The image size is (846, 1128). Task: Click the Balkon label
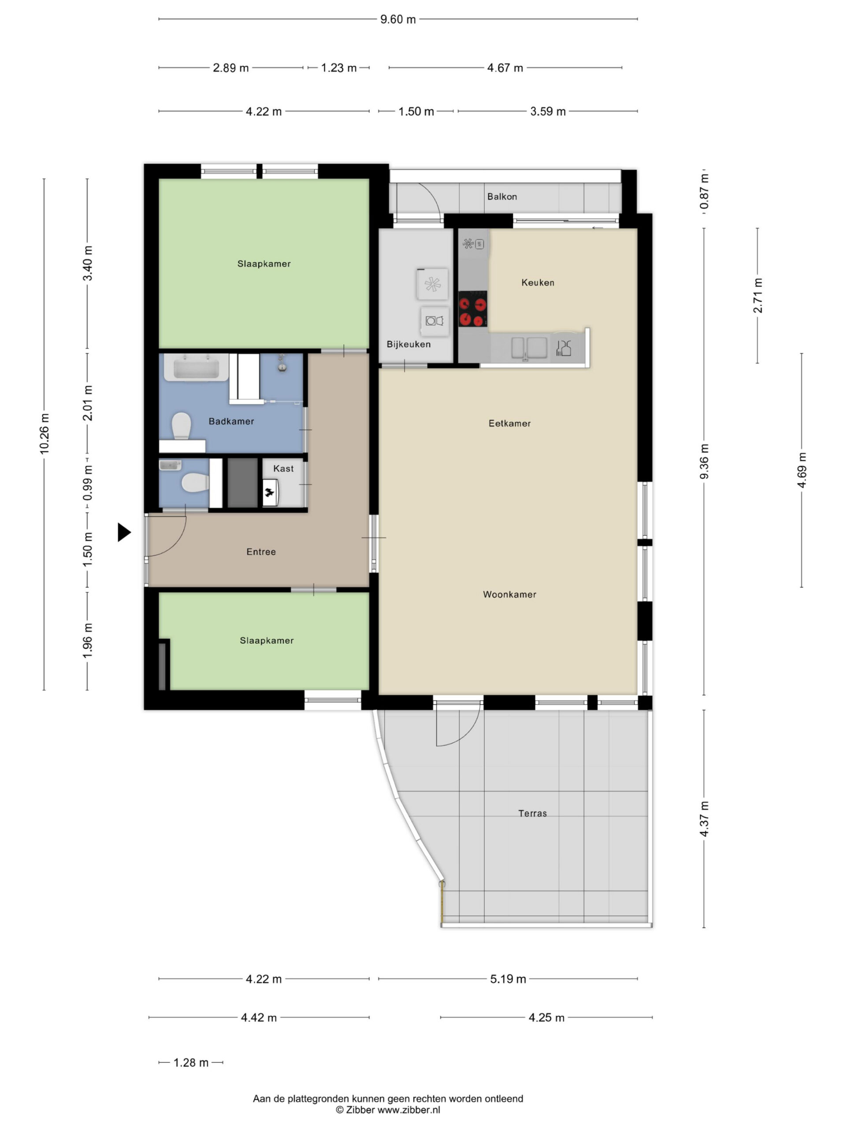(502, 197)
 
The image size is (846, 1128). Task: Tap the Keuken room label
(538, 282)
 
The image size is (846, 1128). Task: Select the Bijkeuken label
(408, 344)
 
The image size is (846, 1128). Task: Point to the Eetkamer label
(509, 423)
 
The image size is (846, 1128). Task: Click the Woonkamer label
(509, 594)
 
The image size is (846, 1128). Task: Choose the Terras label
(532, 813)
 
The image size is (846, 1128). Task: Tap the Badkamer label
(231, 421)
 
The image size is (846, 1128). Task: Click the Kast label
(283, 469)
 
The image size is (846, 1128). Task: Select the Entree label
(261, 552)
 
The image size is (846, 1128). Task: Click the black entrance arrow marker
(123, 532)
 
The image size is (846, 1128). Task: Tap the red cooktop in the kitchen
(472, 309)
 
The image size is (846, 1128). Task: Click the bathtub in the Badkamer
(196, 367)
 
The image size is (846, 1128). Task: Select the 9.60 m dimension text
(398, 19)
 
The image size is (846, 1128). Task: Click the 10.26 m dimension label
(45, 434)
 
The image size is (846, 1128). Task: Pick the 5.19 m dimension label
(508, 979)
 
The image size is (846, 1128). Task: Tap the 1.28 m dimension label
(191, 1063)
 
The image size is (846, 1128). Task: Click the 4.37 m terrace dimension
(704, 819)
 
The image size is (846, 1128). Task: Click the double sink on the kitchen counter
(529, 348)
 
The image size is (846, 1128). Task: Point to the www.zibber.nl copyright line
(388, 1109)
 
